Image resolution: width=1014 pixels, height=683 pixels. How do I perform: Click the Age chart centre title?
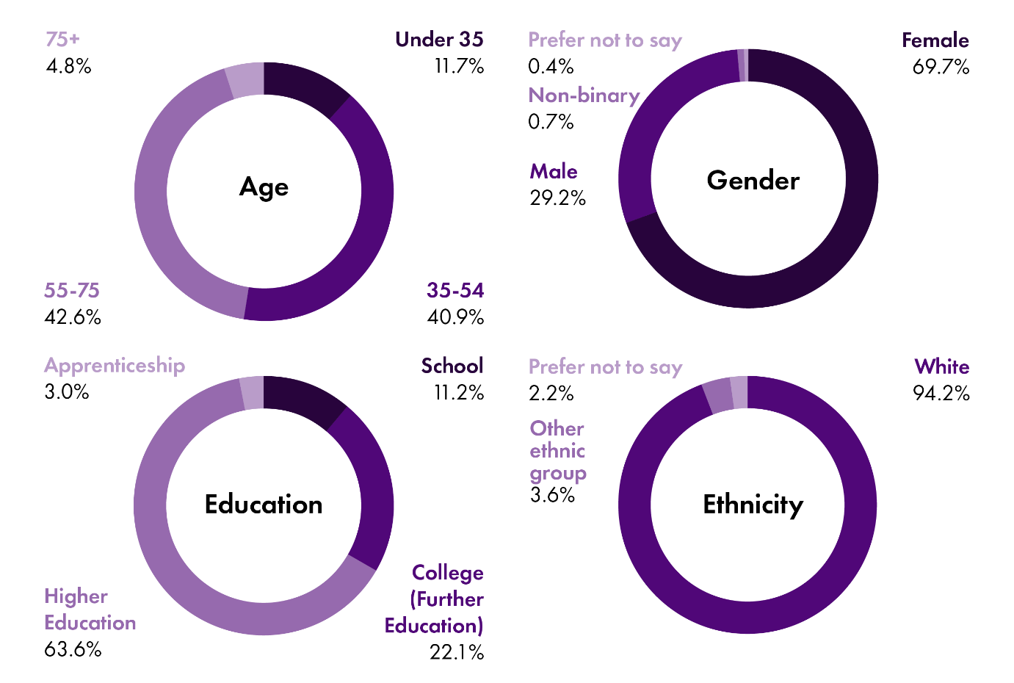pos(264,187)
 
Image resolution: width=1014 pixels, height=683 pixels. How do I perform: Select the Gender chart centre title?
pos(753,181)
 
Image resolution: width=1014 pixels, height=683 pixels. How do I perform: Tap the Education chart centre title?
pos(264,505)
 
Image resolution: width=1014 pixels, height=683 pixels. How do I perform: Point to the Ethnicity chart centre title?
pos(753,505)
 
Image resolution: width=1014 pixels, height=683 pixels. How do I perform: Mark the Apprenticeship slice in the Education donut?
pos(252,393)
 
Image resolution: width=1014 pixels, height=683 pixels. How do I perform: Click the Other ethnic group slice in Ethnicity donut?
pos(718,395)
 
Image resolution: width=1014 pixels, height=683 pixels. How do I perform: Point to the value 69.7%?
pos(941,68)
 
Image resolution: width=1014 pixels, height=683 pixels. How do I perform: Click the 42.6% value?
pos(73,317)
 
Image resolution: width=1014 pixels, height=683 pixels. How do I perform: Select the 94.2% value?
pos(941,394)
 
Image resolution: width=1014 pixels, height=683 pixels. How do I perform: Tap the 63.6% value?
pos(73,649)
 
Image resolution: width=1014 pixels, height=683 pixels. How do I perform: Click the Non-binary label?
pos(584,95)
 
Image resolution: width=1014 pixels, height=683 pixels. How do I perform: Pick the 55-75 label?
pos(72,291)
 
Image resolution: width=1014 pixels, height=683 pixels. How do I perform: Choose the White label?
pos(941,366)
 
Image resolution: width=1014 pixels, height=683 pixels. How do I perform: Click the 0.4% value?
pos(551,67)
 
